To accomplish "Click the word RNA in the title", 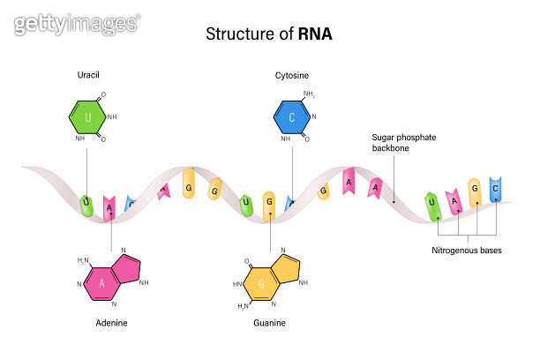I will click(314, 34).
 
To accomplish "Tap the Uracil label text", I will click(89, 76).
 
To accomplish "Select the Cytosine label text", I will click(292, 76).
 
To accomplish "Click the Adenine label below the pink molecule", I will click(111, 323).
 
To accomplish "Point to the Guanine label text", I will click(269, 323).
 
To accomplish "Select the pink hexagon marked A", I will click(101, 282).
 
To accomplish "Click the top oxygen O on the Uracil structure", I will click(104, 95).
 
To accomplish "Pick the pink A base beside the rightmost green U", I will click(454, 201).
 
